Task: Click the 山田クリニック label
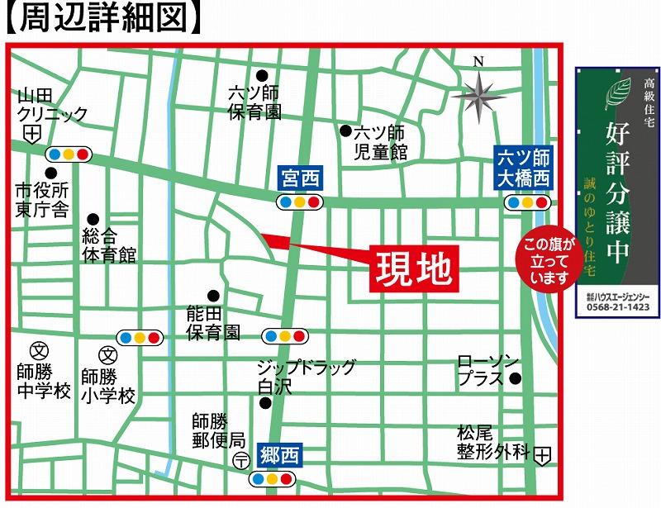click(51, 106)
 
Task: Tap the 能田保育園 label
click(212, 323)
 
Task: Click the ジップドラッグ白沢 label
click(304, 377)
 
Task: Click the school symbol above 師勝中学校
click(37, 349)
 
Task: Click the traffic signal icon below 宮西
click(298, 202)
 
